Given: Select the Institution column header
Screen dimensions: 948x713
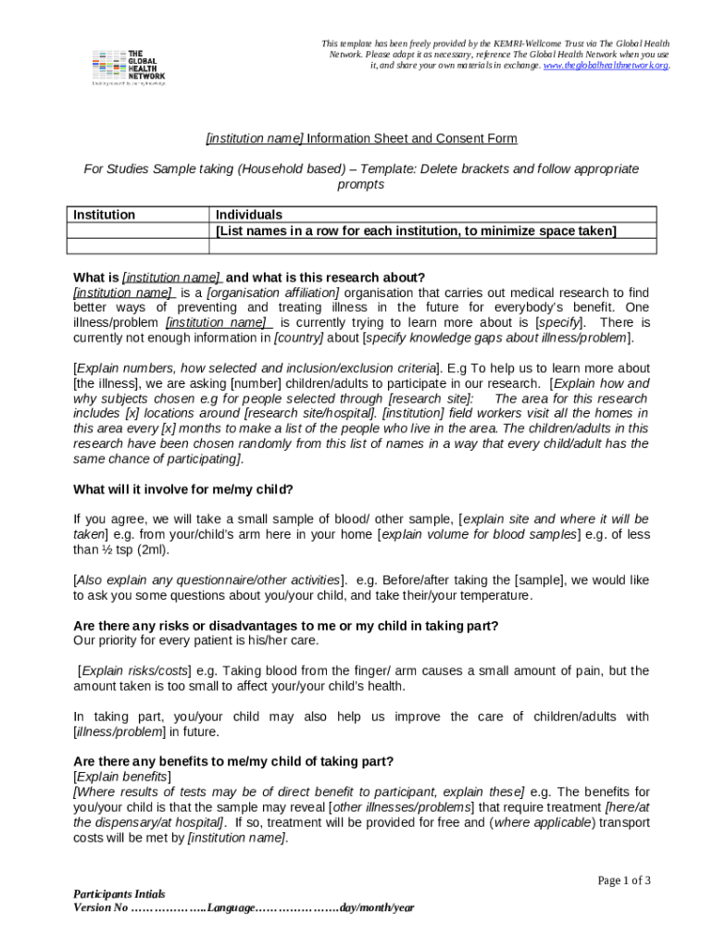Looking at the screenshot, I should point(104,215).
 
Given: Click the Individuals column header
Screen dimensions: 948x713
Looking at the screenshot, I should point(249,215).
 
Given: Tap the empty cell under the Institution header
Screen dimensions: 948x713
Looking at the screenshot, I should point(139,246).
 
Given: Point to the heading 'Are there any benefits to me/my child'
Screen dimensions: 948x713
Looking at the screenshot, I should point(232,761).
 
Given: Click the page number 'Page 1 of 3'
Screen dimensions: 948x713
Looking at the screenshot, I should point(623,880).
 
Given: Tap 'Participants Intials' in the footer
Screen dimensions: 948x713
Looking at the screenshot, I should point(119,894).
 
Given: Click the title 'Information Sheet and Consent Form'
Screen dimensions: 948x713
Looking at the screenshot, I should point(412,139).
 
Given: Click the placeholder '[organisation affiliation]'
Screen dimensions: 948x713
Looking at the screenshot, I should point(273,293).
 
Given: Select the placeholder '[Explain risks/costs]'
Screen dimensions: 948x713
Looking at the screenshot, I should point(135,671).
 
